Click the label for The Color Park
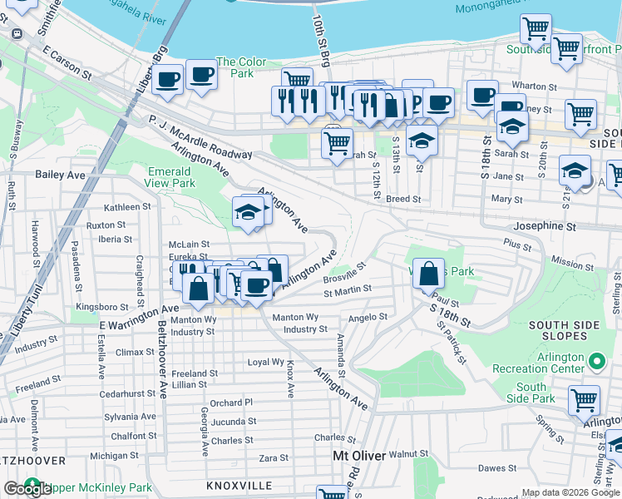pyautogui.click(x=241, y=67)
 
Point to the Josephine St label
pyautogui.click(x=545, y=226)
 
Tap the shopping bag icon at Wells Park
pyautogui.click(x=427, y=274)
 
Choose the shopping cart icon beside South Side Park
pyautogui.click(x=584, y=400)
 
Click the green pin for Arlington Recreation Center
pyautogui.click(x=596, y=361)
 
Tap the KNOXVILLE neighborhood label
pyautogui.click(x=239, y=485)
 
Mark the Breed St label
pyautogui.click(x=403, y=200)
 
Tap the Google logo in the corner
pyautogui.click(x=27, y=489)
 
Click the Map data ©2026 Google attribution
pyautogui.click(x=570, y=492)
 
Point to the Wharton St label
pyautogui.click(x=528, y=85)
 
